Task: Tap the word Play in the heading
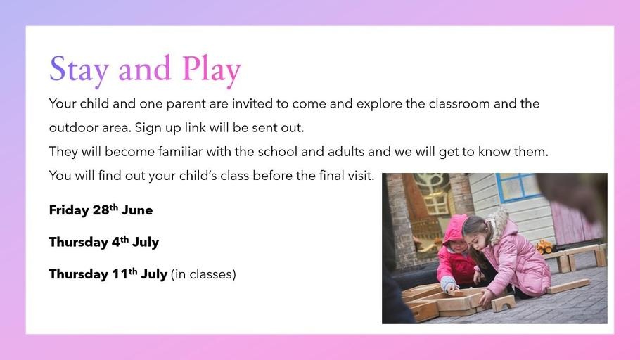coord(212,70)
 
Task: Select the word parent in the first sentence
coord(186,104)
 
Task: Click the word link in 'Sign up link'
coord(195,127)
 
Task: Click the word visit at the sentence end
coord(361,176)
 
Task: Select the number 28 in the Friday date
coord(101,210)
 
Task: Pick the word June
coord(137,210)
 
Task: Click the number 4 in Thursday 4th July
coord(116,242)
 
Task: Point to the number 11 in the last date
coord(120,274)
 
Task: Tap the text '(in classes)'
coord(203,274)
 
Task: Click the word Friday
coord(69,210)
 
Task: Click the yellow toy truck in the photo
coord(544,247)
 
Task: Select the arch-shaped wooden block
coord(503,303)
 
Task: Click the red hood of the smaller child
coord(454,230)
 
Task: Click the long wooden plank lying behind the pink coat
coord(568,285)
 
